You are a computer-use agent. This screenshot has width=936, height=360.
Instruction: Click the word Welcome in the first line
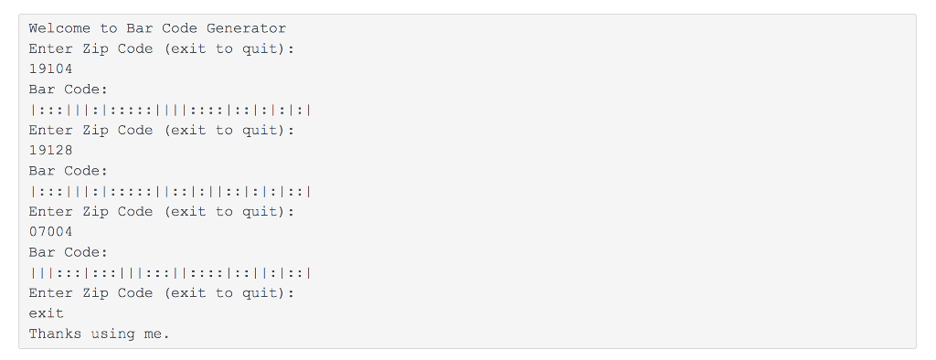click(x=59, y=28)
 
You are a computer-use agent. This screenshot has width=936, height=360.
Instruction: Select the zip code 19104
click(x=50, y=69)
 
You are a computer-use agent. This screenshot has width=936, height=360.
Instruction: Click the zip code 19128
click(x=50, y=150)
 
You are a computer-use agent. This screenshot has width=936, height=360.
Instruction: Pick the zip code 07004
click(x=50, y=232)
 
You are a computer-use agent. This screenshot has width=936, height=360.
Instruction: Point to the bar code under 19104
click(x=171, y=110)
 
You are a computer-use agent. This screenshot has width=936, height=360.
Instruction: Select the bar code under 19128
click(x=171, y=191)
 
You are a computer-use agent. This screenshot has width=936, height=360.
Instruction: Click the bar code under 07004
click(x=171, y=272)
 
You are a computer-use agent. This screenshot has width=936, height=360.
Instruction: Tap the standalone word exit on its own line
click(x=46, y=313)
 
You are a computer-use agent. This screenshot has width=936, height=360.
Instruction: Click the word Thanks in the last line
click(x=55, y=334)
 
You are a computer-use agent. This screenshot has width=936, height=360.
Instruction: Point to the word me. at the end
click(x=157, y=334)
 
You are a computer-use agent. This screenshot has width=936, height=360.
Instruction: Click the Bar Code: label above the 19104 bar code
click(x=69, y=90)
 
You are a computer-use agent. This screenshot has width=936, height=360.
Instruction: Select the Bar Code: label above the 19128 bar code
click(x=69, y=171)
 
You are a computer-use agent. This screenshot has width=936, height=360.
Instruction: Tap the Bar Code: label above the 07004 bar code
click(x=69, y=252)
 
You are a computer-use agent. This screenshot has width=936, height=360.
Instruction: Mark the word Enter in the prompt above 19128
click(x=50, y=130)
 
